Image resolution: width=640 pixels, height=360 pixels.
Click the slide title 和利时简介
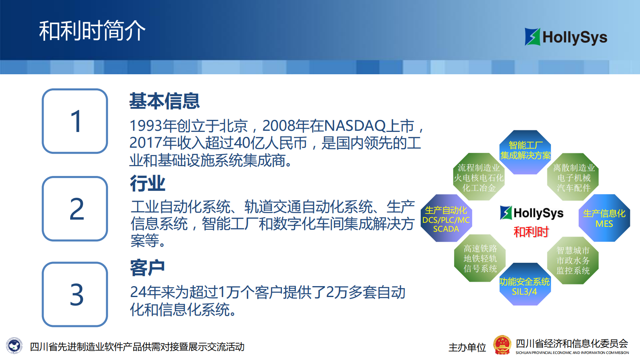point(92,31)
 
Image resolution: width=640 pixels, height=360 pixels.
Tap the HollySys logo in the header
point(565,37)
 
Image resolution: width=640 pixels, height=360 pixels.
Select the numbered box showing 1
point(75,121)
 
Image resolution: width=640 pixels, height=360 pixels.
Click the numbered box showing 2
point(75,209)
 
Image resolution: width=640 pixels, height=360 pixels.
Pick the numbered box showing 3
point(75,294)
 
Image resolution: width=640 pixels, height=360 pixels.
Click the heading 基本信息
point(164,101)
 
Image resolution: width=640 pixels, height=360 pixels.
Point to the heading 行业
point(148,184)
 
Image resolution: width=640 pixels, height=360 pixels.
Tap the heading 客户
point(148,268)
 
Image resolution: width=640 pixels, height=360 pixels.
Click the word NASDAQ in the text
point(355,126)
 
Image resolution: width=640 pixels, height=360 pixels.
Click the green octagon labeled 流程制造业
point(479,177)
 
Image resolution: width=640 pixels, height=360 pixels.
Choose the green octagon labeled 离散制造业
point(573,177)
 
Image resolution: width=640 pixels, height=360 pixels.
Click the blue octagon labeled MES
point(604,218)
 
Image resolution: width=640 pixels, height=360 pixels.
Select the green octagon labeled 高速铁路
point(480,258)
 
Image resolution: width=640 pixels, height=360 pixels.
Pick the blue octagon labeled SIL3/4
point(524,285)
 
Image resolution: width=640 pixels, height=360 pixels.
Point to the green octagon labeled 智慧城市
point(573,260)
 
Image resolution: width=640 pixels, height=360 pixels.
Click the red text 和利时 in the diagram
point(531,232)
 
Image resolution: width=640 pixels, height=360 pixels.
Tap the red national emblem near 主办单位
point(502,345)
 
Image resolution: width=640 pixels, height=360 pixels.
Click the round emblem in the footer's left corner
point(15,346)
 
